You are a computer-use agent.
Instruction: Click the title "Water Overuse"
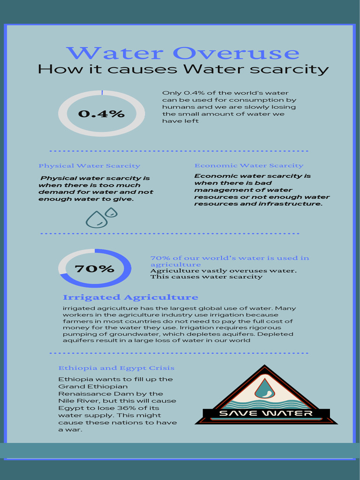pyautogui.click(x=182, y=53)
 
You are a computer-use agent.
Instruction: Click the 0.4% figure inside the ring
pyautogui.click(x=101, y=113)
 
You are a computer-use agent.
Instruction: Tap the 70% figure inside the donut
pyautogui.click(x=94, y=269)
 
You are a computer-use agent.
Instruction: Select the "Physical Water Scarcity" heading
pyautogui.click(x=89, y=165)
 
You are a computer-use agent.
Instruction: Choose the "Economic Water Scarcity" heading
pyautogui.click(x=249, y=165)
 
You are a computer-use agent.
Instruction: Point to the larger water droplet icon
pyautogui.click(x=96, y=219)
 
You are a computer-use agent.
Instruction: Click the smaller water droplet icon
pyautogui.click(x=112, y=212)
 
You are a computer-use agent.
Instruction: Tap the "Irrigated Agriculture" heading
pyautogui.click(x=130, y=297)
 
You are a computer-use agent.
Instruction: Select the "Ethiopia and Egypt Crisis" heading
pyautogui.click(x=116, y=368)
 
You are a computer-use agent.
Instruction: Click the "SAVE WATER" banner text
pyautogui.click(x=266, y=413)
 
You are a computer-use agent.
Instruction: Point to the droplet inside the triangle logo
pyautogui.click(x=265, y=389)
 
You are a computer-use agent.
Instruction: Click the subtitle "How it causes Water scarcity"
pyautogui.click(x=183, y=69)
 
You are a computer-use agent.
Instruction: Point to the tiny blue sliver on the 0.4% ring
pyautogui.click(x=102, y=93)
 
